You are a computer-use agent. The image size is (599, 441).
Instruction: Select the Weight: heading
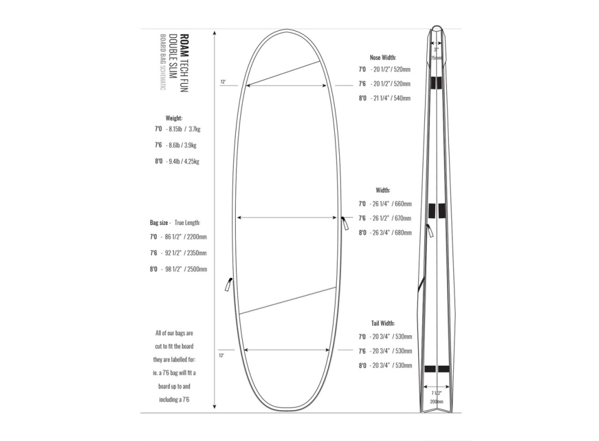coord(173,118)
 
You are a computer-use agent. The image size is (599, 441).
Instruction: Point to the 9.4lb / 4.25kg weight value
coord(184,161)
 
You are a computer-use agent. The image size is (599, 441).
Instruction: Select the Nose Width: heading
coord(383,57)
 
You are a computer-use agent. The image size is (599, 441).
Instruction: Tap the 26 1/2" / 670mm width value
coord(391,219)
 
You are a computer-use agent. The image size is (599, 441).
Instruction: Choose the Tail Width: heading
coord(383,323)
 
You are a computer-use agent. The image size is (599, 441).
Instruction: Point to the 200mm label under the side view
coord(436,401)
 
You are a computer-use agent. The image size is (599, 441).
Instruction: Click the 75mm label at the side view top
coord(436,57)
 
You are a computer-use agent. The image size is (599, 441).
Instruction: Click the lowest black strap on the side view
coord(436,369)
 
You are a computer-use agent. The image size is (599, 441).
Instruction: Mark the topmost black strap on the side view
coord(436,83)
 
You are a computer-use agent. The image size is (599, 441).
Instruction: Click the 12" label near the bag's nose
coord(223,82)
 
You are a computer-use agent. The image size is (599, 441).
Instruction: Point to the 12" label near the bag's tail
coord(221,356)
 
